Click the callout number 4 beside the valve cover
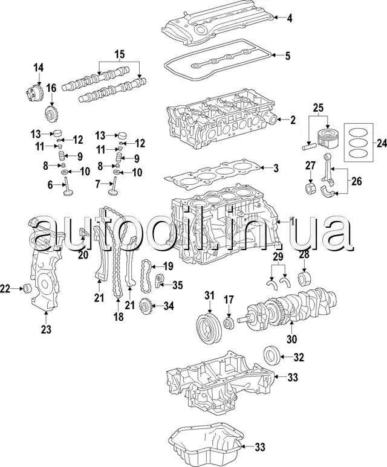click(x=290, y=18)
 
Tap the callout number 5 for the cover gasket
click(x=287, y=56)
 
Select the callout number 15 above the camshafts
click(x=120, y=54)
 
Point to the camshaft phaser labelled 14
click(x=34, y=93)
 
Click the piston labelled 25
click(x=327, y=138)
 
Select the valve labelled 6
click(x=68, y=187)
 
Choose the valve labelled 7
click(x=114, y=187)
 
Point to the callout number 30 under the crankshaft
click(x=291, y=339)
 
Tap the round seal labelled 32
click(x=272, y=355)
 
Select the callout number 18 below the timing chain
click(x=119, y=317)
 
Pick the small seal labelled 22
click(x=27, y=288)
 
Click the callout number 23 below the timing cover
click(x=46, y=329)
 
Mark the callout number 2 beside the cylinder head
click(x=293, y=120)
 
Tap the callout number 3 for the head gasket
click(x=276, y=169)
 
